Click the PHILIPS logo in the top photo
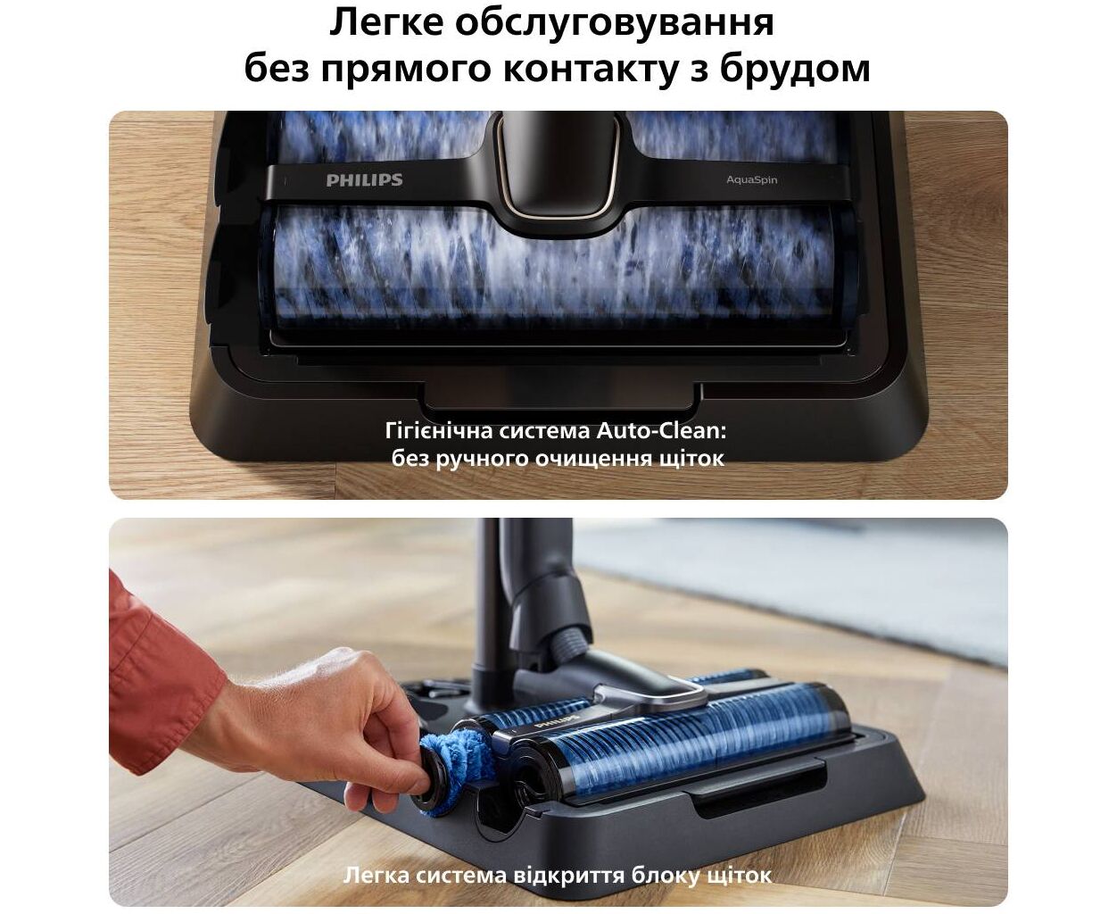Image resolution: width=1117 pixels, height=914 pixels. pos(364,180)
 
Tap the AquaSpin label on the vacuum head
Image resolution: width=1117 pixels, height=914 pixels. pos(751,180)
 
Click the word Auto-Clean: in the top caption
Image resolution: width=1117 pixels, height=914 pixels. pos(661,431)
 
